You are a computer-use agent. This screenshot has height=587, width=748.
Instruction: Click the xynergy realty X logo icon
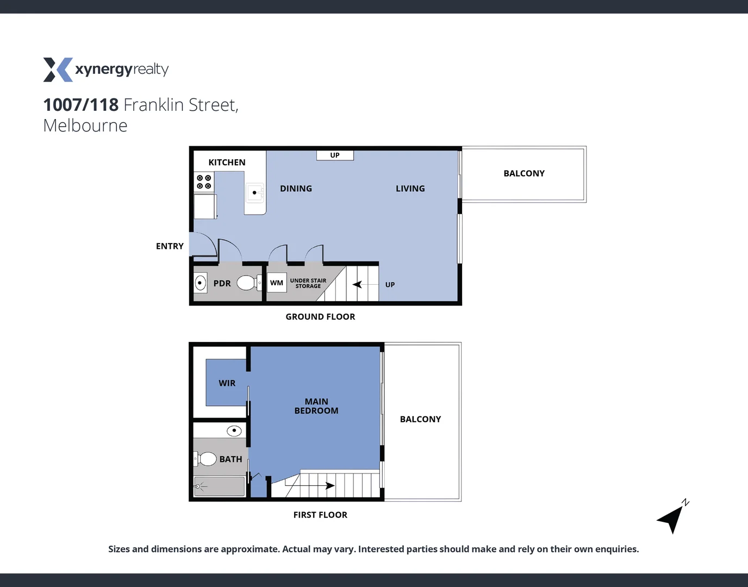click(58, 70)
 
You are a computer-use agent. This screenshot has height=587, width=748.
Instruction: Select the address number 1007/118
click(80, 104)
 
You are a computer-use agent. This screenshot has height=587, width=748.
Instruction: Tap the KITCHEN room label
click(227, 163)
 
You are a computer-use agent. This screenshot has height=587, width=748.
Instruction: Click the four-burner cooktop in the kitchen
click(204, 182)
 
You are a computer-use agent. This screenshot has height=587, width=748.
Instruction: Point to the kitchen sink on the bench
click(254, 192)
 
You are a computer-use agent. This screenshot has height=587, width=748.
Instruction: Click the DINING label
click(296, 189)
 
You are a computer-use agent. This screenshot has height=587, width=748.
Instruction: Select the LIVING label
click(410, 189)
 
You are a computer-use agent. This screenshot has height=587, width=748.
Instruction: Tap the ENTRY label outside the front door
click(170, 246)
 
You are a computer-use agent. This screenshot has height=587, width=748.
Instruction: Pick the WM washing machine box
click(277, 283)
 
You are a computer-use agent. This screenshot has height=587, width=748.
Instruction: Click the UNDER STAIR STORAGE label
click(308, 283)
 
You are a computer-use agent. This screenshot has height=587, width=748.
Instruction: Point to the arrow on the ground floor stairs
click(358, 284)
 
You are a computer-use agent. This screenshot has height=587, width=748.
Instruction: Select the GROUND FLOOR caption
click(320, 317)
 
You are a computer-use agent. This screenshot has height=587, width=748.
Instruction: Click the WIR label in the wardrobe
click(227, 383)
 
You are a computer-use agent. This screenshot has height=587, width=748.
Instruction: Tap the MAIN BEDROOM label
click(316, 406)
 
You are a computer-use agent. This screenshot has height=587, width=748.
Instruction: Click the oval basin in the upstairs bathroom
click(234, 431)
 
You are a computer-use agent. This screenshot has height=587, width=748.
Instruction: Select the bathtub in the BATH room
click(220, 486)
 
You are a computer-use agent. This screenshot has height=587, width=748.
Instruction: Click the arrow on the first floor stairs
click(329, 485)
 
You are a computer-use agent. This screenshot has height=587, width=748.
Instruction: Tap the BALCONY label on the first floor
click(420, 419)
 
